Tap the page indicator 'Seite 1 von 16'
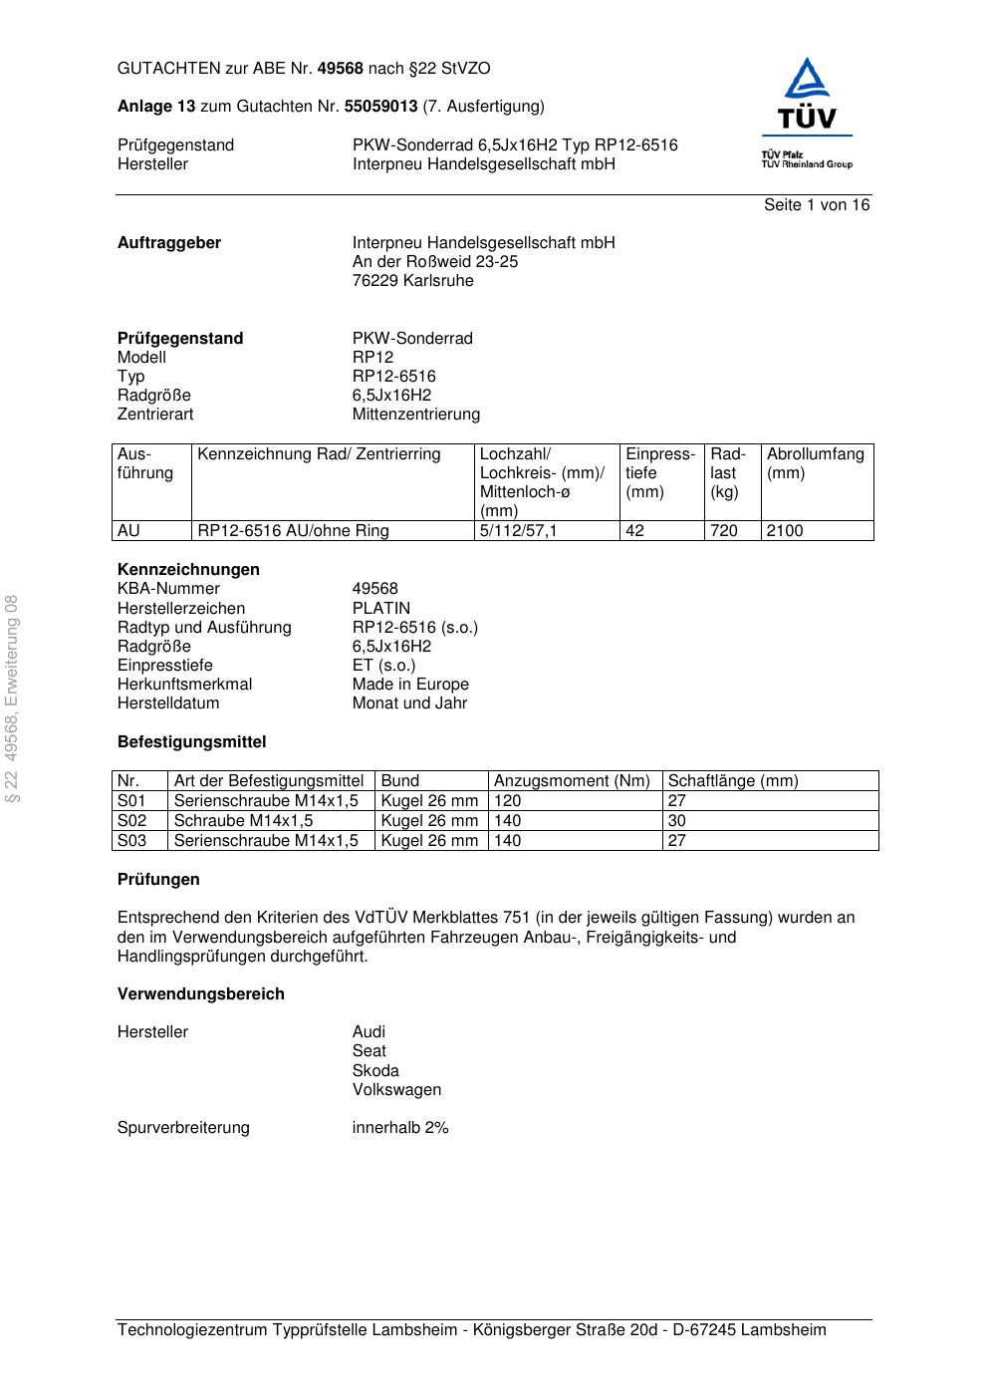tap(816, 205)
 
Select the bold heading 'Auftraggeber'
tap(169, 243)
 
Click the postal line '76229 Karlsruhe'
tap(412, 281)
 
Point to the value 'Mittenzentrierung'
tap(415, 415)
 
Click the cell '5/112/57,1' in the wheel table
tap(518, 531)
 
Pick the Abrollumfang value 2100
tap(785, 531)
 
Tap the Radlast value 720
tap(724, 531)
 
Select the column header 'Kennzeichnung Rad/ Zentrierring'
tap(319, 454)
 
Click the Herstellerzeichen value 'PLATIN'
tap(380, 609)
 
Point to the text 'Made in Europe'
tap(410, 685)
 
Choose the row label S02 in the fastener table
tap(131, 821)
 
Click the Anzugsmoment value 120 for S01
tap(507, 801)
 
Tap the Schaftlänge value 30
tap(677, 821)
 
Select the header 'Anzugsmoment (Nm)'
tap(572, 781)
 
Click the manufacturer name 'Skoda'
tap(375, 1071)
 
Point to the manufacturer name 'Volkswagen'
tap(396, 1090)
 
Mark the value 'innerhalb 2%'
tap(400, 1128)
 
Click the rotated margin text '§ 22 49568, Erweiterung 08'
tap(13, 699)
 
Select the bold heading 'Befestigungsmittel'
tap(191, 742)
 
